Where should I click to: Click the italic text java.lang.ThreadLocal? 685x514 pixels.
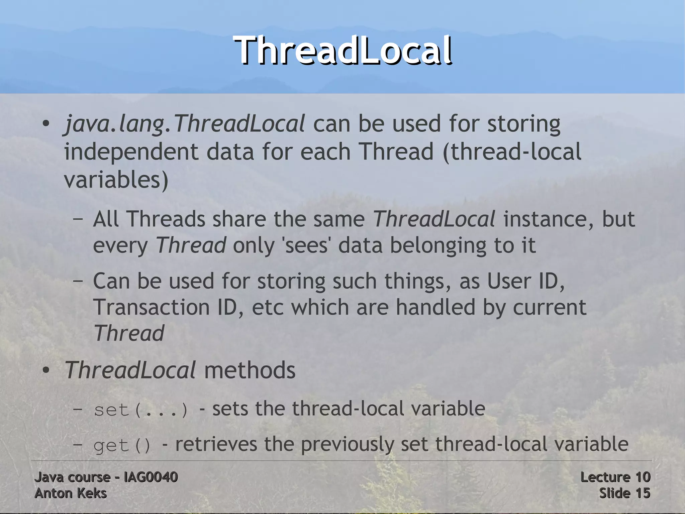[184, 124]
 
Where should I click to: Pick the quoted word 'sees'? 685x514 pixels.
[306, 245]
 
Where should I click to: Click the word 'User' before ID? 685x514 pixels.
[508, 281]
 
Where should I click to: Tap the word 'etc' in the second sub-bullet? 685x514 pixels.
[268, 308]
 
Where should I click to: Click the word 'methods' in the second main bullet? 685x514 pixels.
[250, 370]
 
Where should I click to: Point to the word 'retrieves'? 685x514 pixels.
[216, 445]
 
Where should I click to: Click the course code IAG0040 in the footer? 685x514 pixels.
[151, 477]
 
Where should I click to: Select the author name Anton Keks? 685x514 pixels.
[71, 494]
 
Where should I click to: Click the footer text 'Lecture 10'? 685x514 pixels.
[615, 477]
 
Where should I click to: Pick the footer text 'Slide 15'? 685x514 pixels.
[624, 494]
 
